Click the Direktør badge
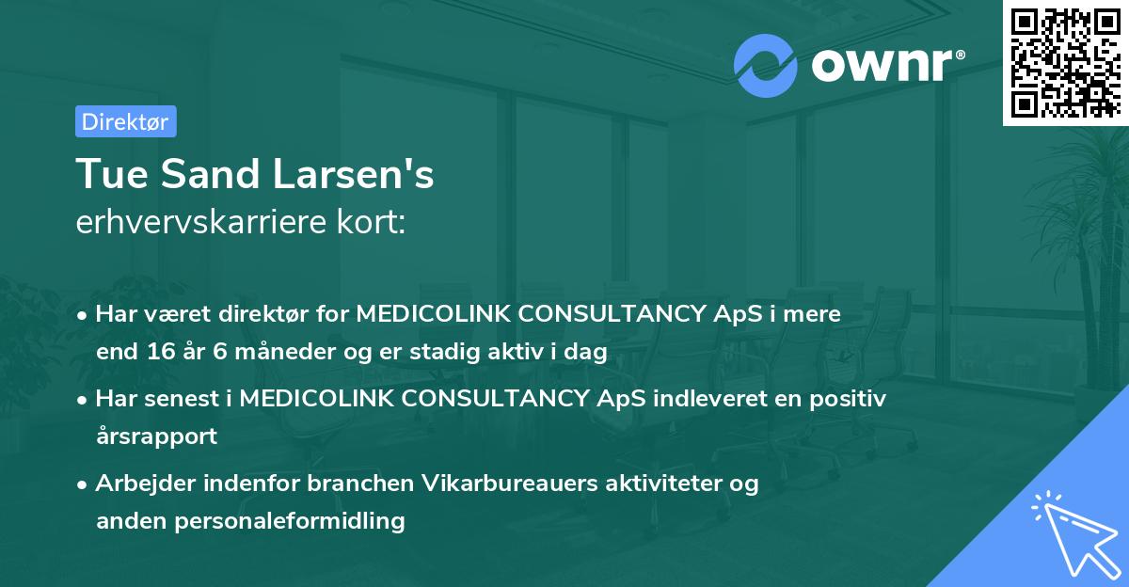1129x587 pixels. pos(125,120)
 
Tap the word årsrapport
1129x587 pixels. pos(156,436)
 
